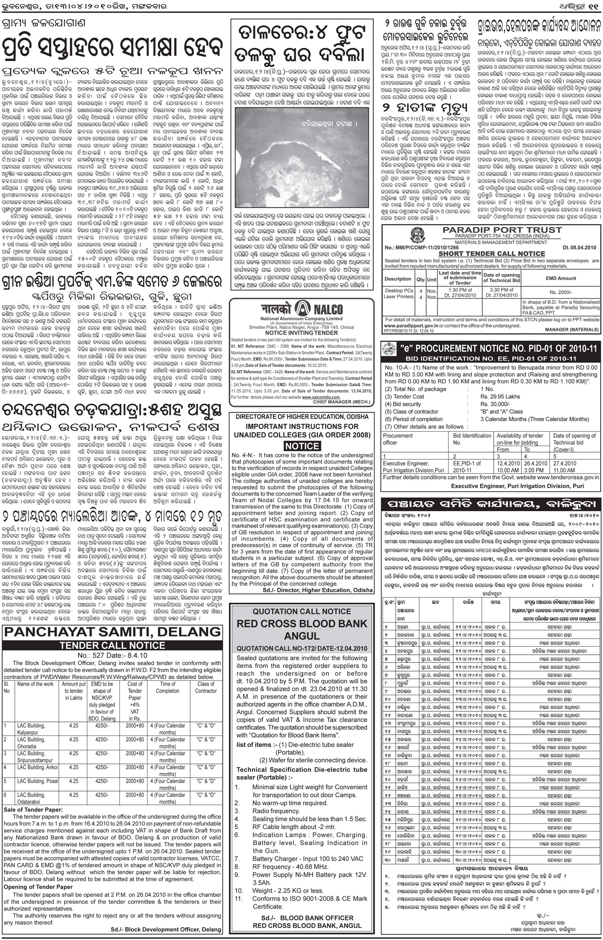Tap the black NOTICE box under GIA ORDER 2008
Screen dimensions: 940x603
tap(302, 446)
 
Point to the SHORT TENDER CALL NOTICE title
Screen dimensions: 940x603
tap(491, 254)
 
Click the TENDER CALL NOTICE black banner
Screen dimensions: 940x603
tap(112, 645)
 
